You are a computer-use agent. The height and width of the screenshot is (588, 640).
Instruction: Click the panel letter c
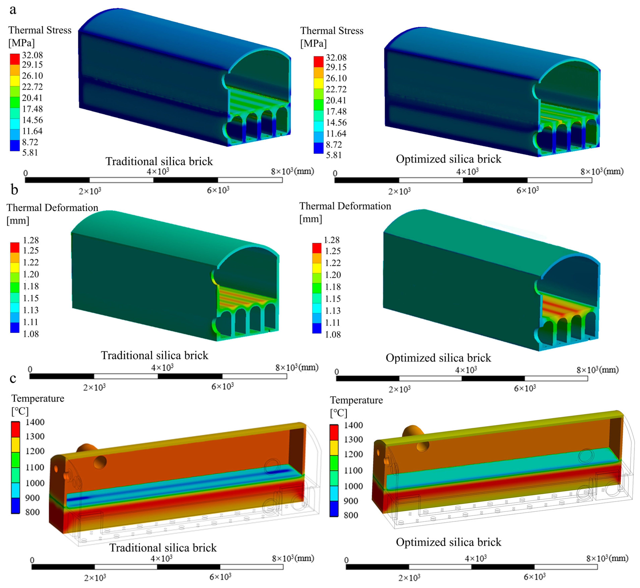pyautogui.click(x=13, y=378)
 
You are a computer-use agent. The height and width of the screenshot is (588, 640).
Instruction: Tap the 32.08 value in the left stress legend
pyautogui.click(x=32, y=55)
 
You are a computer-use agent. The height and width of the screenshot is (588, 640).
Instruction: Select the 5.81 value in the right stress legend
pyautogui.click(x=334, y=155)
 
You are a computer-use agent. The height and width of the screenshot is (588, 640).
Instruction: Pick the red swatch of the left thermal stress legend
pyautogui.click(x=15, y=59)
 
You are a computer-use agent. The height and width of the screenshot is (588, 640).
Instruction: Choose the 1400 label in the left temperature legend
pyautogui.click(x=35, y=422)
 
